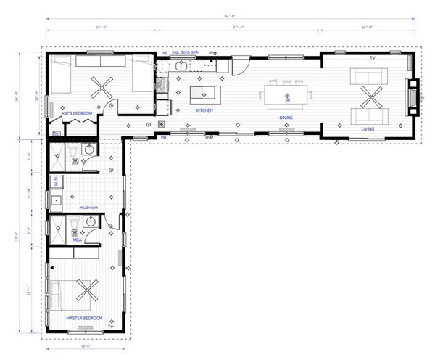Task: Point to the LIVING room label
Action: (368, 128)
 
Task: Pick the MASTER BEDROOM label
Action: (85, 318)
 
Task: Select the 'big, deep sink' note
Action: (186, 53)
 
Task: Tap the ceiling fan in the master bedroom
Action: (87, 292)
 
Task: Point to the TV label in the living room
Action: (373, 57)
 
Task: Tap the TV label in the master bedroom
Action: (110, 327)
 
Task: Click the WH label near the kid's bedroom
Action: (57, 133)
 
